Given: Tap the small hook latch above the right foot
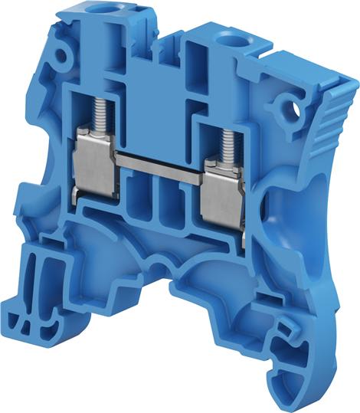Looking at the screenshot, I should [x=285, y=328].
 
